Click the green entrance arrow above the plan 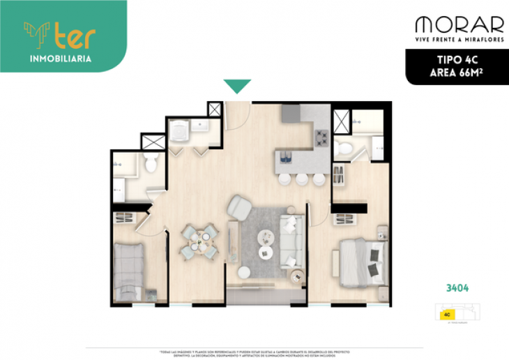[x=237, y=87]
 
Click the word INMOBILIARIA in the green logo [x=61, y=59]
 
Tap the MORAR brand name [x=459, y=25]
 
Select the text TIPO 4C [x=457, y=60]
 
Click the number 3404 [x=457, y=287]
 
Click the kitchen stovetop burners [x=321, y=137]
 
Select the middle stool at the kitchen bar [x=301, y=179]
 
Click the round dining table [x=200, y=241]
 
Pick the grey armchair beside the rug [x=241, y=207]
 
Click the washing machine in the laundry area [x=180, y=133]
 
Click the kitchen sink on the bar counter [x=285, y=155]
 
